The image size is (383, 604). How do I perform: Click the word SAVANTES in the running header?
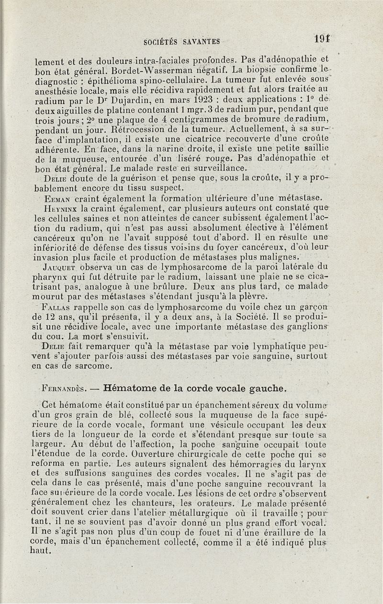coord(201,42)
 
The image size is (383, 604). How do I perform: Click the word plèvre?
coord(266,297)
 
